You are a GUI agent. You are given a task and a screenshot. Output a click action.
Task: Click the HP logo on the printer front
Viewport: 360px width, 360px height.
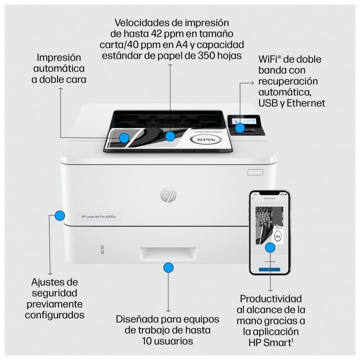[168, 194]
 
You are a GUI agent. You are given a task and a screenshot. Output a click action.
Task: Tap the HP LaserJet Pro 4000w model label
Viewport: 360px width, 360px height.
[99, 216]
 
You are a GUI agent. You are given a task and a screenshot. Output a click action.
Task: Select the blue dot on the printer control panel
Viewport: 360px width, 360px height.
[240, 128]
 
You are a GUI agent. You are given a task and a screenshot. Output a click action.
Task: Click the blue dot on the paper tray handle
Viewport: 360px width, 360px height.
[168, 268]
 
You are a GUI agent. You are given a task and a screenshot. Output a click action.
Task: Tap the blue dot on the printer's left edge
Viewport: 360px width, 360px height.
[59, 216]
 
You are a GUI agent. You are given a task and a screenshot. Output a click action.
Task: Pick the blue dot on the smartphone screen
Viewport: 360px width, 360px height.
[270, 247]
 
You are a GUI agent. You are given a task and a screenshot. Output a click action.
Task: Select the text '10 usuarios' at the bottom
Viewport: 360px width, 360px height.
[168, 341]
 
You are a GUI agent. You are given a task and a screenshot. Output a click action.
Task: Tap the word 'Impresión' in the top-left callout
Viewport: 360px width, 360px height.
[59, 58]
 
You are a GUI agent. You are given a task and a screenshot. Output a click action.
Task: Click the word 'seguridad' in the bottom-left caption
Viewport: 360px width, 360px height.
[54, 293]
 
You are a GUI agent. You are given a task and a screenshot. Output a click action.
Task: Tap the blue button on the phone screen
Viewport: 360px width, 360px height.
[269, 269]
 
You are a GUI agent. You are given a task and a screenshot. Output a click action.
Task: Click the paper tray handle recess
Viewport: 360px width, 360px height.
[168, 254]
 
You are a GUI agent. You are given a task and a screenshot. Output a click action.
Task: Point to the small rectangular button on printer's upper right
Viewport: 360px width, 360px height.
[254, 172]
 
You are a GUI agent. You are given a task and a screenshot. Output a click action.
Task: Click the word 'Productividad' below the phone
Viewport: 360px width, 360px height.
[270, 299]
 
